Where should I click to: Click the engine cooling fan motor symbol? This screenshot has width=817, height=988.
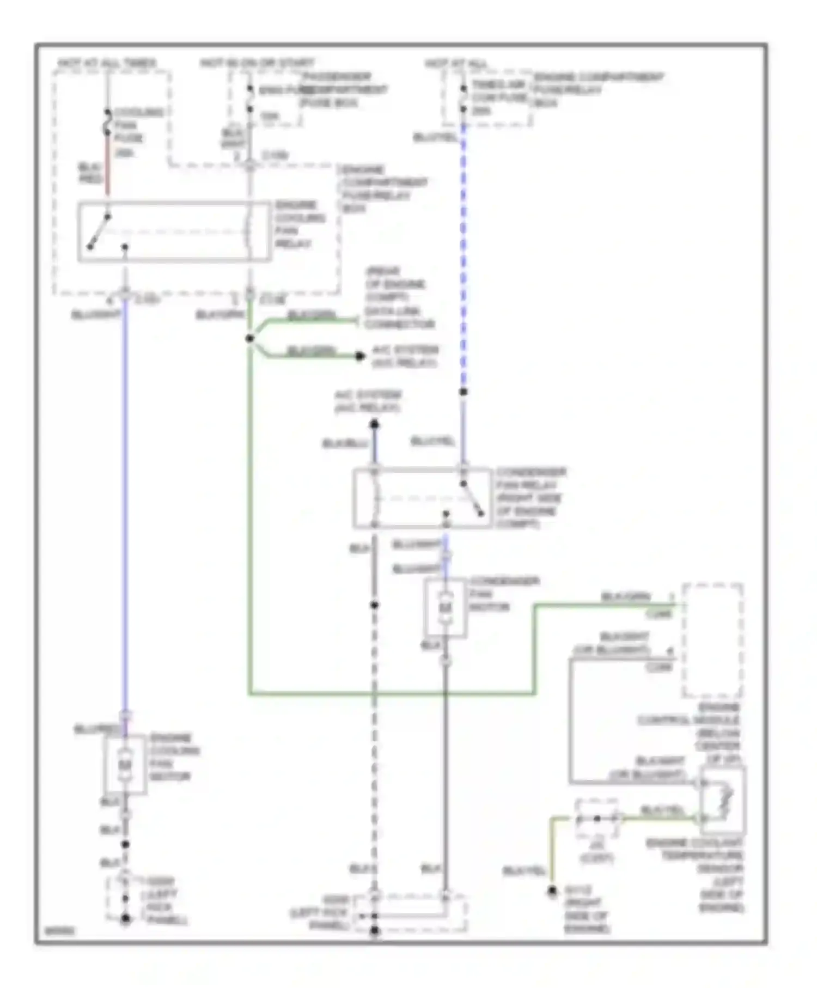pos(125,765)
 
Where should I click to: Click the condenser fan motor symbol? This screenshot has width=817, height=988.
pos(445,607)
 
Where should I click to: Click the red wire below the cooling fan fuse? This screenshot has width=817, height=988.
pos(107,174)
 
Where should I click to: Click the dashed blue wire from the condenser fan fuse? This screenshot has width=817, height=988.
pos(464,256)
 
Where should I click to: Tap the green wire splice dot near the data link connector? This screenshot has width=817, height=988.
pos(250,339)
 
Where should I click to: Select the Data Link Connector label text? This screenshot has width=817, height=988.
pos(399,318)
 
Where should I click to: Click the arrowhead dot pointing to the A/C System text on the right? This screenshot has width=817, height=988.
pos(359,356)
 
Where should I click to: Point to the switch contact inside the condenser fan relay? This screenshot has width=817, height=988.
pos(472,498)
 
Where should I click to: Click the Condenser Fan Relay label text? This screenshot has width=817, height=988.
pos(530,497)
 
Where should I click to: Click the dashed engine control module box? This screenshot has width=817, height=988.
pos(713,640)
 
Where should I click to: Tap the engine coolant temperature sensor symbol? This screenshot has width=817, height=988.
pos(722,800)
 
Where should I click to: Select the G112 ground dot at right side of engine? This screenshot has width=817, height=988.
pos(552,891)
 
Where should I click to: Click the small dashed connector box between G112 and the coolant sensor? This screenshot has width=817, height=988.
pos(597,819)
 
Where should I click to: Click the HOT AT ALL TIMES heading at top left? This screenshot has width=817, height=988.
pos(107,63)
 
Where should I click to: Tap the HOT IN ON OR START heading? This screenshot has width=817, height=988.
pos(257,63)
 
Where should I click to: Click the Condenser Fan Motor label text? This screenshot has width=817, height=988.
pos(503,594)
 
